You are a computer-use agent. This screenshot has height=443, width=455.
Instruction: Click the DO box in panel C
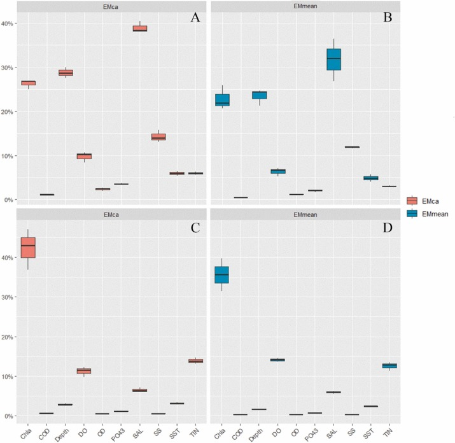(x=83, y=370)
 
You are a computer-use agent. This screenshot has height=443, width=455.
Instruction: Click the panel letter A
(x=196, y=18)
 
